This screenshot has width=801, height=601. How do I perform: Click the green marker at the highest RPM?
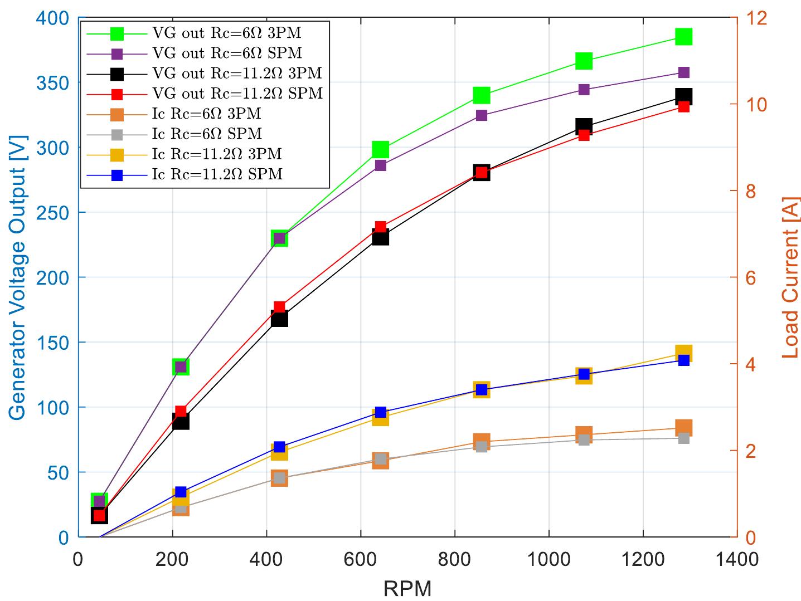[x=683, y=37]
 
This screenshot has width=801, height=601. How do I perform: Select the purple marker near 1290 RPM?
[x=683, y=73]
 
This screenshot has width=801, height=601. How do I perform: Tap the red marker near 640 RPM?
[x=381, y=227]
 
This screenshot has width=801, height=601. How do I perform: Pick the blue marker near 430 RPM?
[x=279, y=447]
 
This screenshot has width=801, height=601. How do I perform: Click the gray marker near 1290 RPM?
[x=683, y=438]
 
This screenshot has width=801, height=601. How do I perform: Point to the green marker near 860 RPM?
[x=482, y=95]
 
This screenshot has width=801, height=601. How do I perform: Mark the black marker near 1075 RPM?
[x=584, y=126]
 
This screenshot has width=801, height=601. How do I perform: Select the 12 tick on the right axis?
[x=749, y=18]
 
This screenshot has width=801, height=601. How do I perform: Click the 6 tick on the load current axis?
[x=745, y=278]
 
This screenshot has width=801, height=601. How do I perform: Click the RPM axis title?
[x=407, y=588]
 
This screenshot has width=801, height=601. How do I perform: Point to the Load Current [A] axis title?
[x=790, y=277]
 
